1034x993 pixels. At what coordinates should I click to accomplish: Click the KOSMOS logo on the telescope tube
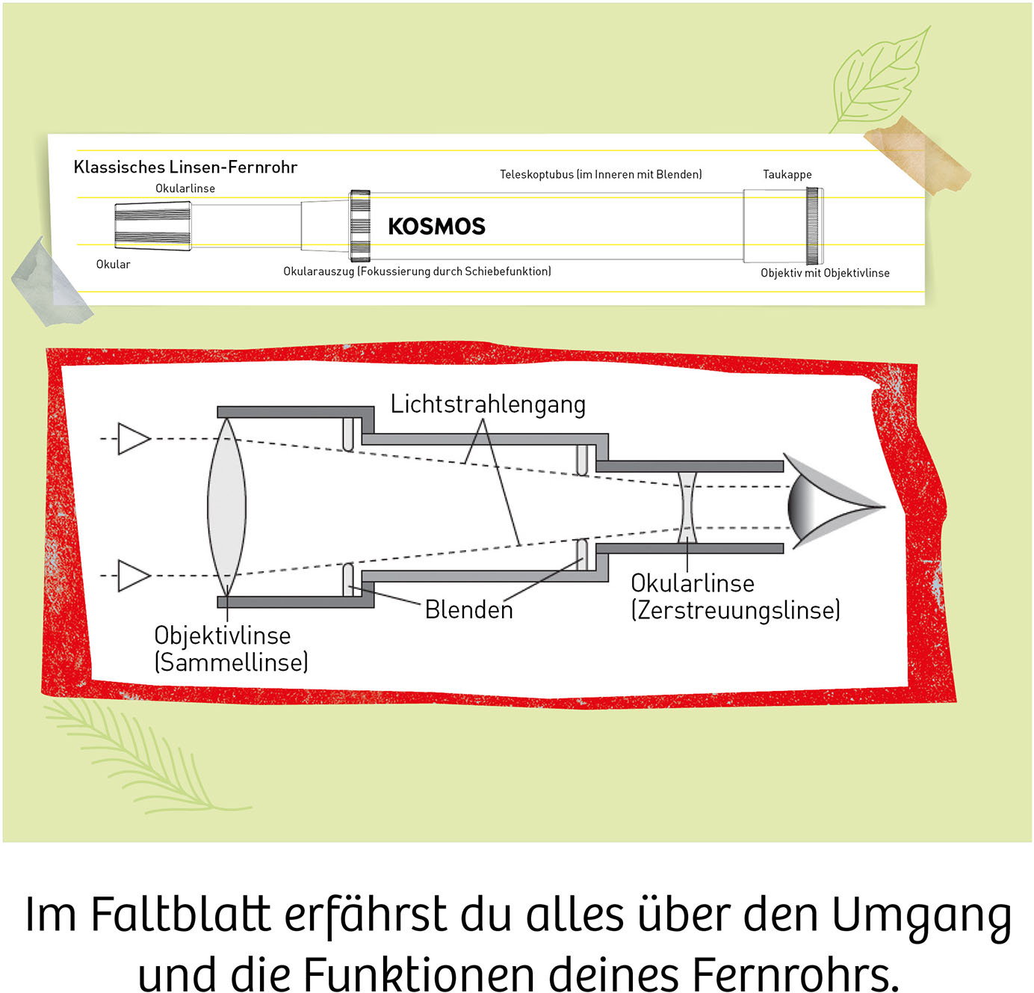click(436, 227)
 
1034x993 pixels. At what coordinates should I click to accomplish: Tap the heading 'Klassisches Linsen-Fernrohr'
click(185, 167)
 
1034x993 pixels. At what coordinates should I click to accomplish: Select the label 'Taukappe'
click(787, 174)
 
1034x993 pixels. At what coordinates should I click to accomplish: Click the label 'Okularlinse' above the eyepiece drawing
click(185, 188)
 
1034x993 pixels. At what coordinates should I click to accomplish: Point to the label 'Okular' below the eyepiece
click(113, 265)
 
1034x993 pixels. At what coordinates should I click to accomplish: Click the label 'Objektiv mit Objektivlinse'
click(825, 273)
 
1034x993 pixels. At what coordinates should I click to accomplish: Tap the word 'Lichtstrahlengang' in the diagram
click(488, 405)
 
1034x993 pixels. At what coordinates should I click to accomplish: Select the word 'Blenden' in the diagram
click(468, 610)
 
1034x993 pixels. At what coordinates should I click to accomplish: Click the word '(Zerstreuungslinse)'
click(735, 610)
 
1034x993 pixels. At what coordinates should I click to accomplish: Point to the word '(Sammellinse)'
click(231, 662)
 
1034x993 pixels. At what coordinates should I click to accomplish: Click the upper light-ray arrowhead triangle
click(134, 439)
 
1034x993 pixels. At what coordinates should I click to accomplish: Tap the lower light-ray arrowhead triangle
click(134, 576)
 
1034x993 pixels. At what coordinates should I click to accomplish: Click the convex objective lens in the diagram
click(227, 507)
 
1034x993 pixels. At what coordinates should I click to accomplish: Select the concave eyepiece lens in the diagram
click(687, 508)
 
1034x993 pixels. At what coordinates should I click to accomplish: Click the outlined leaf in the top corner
click(876, 80)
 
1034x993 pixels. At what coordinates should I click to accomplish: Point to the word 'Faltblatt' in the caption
click(181, 914)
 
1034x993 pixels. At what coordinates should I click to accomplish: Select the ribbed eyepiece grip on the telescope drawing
click(153, 226)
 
